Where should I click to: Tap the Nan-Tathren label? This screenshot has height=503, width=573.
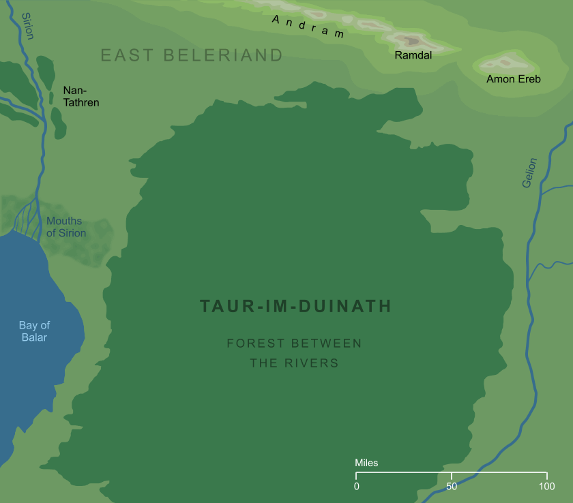coord(81,96)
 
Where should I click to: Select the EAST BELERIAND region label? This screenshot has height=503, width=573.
coord(192,55)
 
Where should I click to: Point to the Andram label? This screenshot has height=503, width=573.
coord(308,27)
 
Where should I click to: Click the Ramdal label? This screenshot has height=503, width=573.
coord(413,56)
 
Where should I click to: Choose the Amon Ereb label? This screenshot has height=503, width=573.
coord(513,80)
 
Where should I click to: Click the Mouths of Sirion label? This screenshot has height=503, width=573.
coord(65,227)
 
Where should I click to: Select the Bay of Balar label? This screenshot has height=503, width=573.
coord(34,331)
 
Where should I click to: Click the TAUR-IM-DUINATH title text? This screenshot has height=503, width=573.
coord(295,307)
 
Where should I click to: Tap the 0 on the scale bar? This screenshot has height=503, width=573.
coord(356,487)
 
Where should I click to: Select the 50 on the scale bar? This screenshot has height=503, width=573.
coord(452,487)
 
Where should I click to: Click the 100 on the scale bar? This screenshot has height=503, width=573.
coord(546,487)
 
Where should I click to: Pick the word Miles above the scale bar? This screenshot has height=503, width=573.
coord(366,463)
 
